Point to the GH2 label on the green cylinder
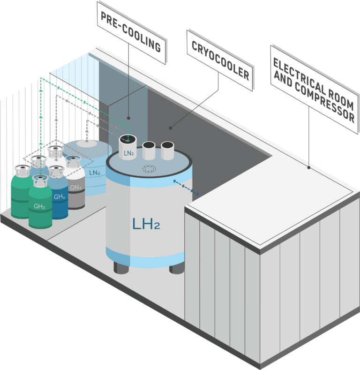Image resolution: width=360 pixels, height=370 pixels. [39, 206]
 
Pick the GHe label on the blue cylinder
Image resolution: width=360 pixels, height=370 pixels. [59, 197]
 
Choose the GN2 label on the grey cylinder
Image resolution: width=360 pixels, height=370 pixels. [75, 188]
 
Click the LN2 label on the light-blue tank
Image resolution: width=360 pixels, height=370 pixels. [95, 173]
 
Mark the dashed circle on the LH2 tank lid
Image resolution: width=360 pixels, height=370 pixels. [150, 170]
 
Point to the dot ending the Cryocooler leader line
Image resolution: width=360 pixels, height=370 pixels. [171, 127]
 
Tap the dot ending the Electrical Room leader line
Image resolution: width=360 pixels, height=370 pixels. [309, 167]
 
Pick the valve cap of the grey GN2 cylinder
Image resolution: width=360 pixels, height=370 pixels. [73, 162]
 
